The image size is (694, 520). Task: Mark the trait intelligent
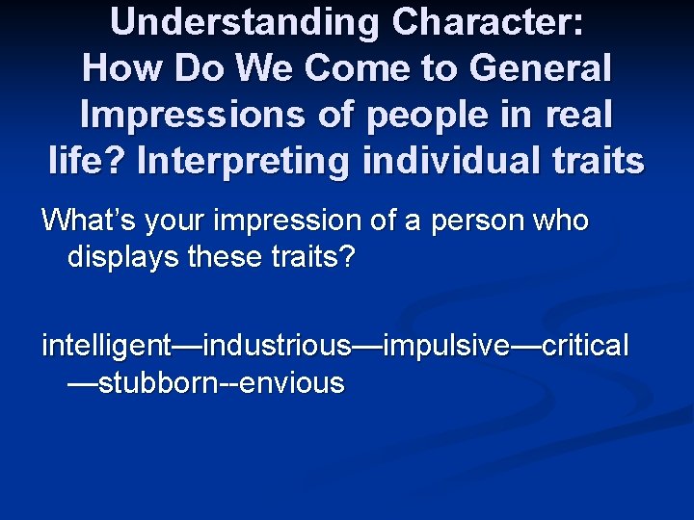[x=106, y=345]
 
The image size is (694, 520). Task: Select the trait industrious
[x=280, y=345]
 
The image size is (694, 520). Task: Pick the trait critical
[x=585, y=345]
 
